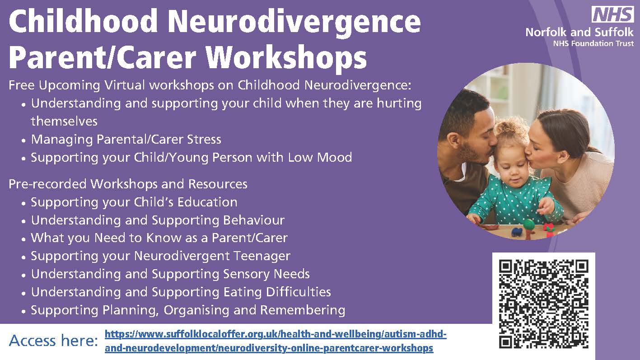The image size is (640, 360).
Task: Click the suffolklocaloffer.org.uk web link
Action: click(276, 341)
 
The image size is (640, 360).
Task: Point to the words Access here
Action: click(53, 341)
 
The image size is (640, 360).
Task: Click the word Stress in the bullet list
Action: click(204, 140)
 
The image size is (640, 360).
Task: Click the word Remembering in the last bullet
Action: click(303, 310)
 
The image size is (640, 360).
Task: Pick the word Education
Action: click(207, 202)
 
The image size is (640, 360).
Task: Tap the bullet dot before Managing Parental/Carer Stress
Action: click(24, 140)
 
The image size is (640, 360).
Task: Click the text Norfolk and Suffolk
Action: click(579, 32)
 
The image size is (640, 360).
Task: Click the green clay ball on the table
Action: click(529, 224)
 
